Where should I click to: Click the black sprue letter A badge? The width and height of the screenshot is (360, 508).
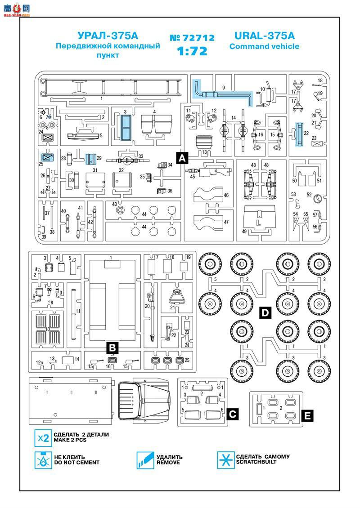point(182,158)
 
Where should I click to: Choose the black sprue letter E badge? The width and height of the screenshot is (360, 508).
point(306,414)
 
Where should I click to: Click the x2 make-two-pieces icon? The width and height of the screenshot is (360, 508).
point(43,437)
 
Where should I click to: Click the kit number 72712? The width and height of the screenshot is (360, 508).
point(192,38)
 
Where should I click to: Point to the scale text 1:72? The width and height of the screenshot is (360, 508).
point(192,51)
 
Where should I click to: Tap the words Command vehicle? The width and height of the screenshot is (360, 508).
point(264,46)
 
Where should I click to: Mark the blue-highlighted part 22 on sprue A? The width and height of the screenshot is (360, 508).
point(298,135)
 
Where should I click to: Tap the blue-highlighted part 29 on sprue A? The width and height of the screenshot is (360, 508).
point(92,159)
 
